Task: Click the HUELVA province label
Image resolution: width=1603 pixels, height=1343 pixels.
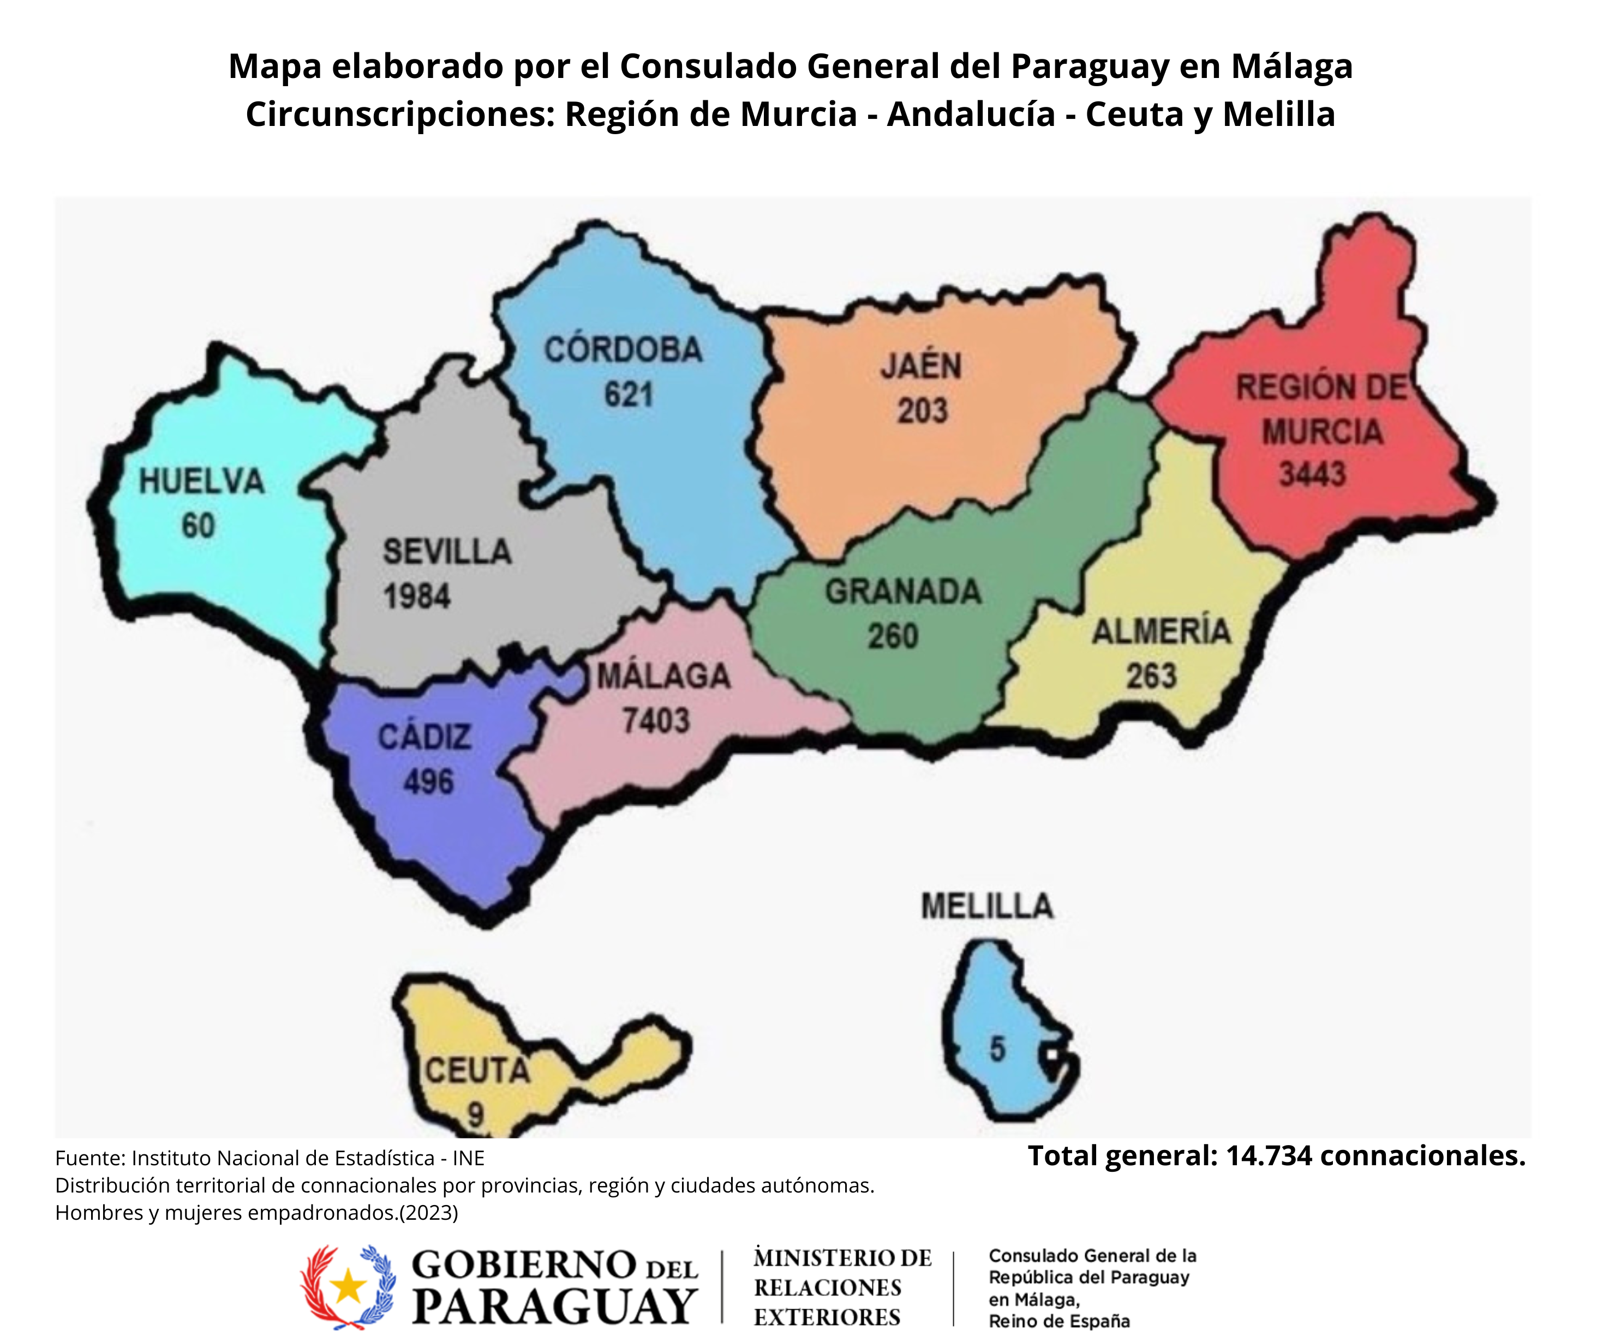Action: tap(201, 482)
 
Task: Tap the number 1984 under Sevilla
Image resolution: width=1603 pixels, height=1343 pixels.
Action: tap(417, 597)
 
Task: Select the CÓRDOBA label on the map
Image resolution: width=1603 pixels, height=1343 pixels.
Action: tap(623, 350)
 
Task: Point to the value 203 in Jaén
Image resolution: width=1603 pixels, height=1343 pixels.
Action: tap(922, 411)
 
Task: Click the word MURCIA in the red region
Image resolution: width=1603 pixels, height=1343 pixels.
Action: tap(1322, 432)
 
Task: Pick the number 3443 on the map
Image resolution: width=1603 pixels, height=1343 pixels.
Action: tap(1312, 474)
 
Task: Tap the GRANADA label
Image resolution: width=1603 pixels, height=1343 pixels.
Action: tap(903, 592)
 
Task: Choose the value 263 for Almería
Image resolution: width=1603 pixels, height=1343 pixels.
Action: tap(1151, 676)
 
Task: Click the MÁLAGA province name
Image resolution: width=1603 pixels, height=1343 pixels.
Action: tap(663, 677)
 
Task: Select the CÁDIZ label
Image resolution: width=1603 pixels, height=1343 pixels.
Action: tap(424, 738)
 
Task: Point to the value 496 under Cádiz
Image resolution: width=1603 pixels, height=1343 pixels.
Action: tap(428, 782)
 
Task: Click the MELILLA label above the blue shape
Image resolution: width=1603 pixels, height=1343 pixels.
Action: tap(987, 907)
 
